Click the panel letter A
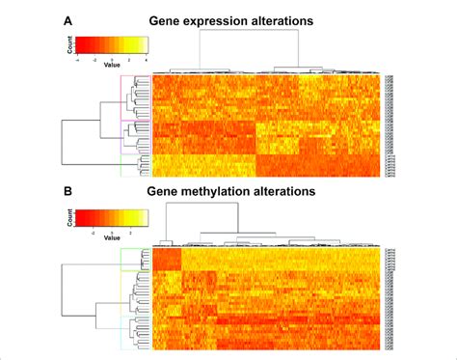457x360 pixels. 67,19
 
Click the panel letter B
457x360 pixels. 67,191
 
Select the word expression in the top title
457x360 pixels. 222,19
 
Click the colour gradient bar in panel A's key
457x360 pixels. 112,44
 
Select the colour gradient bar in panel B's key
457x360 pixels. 112,216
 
